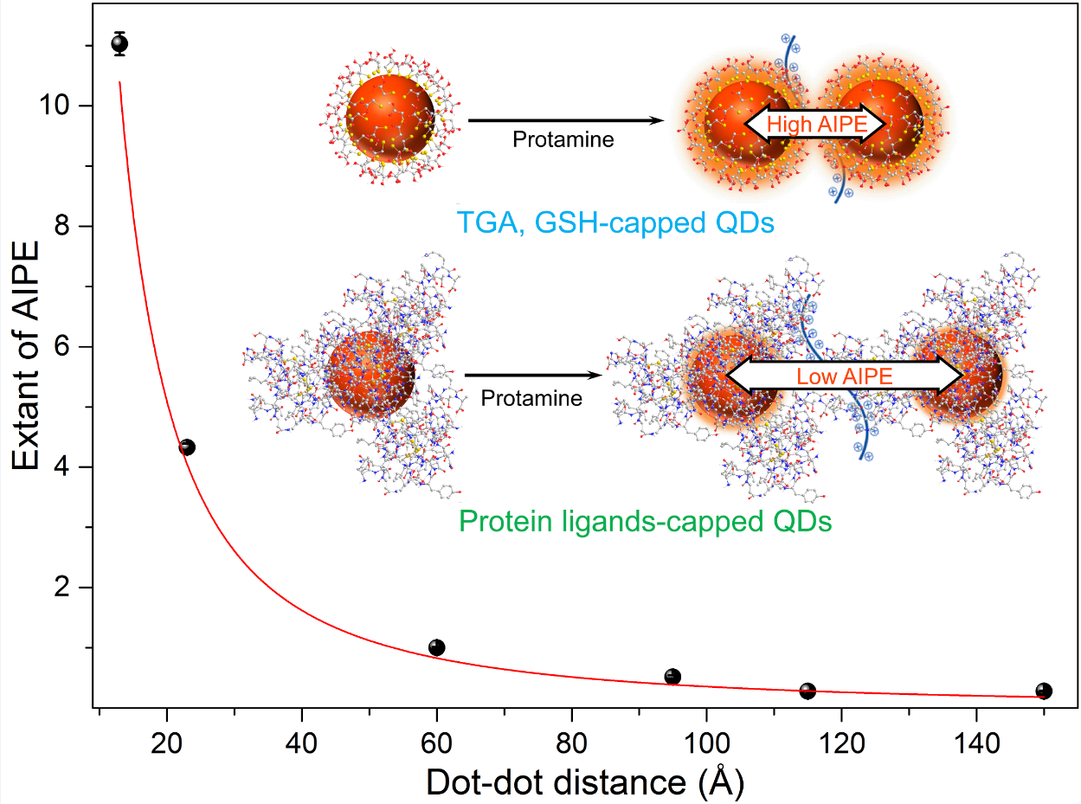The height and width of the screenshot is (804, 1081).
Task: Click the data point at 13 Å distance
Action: point(120,43)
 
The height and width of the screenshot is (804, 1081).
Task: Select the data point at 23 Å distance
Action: point(187,447)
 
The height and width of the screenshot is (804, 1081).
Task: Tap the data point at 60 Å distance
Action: point(437,647)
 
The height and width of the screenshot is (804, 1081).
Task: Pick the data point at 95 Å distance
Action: point(672,677)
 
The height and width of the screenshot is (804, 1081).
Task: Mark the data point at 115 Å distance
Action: point(808,691)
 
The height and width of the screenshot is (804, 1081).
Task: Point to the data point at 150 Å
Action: point(1044,691)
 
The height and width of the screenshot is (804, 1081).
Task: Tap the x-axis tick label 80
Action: point(571,746)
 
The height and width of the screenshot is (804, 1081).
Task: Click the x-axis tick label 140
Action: point(976,746)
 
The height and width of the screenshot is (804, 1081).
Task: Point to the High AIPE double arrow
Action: point(815,125)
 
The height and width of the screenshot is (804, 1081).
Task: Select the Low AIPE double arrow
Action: point(844,375)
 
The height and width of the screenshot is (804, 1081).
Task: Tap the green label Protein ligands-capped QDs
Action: point(645,521)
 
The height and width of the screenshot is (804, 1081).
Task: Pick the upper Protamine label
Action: point(563,139)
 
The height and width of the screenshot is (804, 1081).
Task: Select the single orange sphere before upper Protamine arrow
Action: point(389,119)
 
